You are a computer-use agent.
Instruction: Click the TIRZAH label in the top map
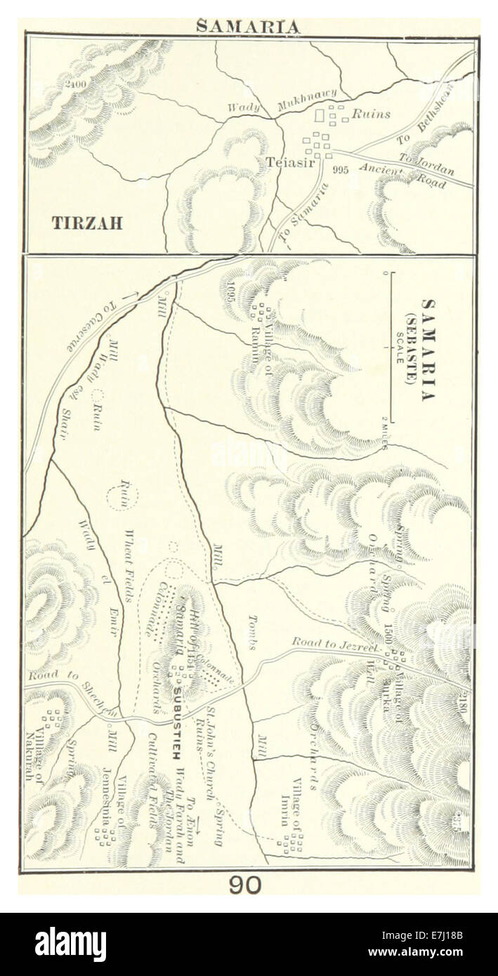(87, 223)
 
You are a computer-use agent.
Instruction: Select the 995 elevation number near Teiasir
(341, 169)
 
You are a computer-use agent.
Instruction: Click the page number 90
(244, 885)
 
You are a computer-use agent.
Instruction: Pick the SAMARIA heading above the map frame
(248, 27)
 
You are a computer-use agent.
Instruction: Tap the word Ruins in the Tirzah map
(370, 112)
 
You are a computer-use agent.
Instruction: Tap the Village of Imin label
(291, 807)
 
